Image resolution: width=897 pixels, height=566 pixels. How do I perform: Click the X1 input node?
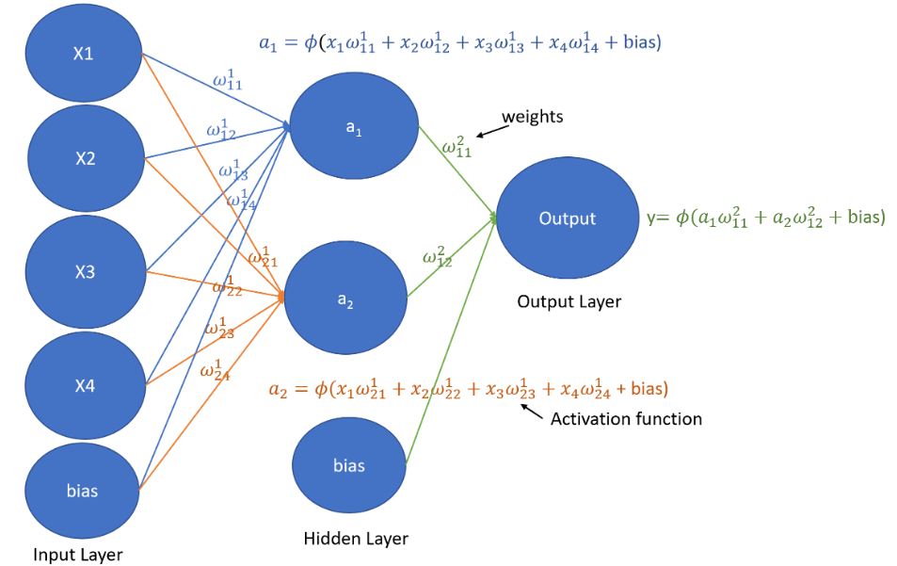pyautogui.click(x=84, y=53)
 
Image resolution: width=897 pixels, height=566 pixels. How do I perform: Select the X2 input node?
pyautogui.click(x=86, y=158)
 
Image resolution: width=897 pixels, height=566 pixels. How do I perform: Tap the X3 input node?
pyautogui.click(x=86, y=272)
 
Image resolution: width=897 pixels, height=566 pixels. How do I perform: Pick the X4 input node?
pyautogui.click(x=86, y=386)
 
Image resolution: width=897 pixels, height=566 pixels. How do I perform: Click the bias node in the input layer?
pyautogui.click(x=83, y=491)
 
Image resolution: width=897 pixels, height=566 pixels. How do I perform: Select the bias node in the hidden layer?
pyautogui.click(x=349, y=465)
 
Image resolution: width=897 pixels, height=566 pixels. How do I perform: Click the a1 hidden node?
pyautogui.click(x=354, y=126)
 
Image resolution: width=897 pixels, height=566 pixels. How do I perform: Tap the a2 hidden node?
pyautogui.click(x=345, y=298)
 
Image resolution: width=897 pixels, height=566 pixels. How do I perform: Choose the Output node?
pyautogui.click(x=568, y=218)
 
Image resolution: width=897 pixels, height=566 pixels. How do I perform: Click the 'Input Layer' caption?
pyautogui.click(x=78, y=555)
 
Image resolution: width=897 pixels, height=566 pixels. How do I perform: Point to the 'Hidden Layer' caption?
pyautogui.click(x=356, y=539)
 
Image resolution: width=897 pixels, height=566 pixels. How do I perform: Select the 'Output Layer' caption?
pyautogui.click(x=569, y=301)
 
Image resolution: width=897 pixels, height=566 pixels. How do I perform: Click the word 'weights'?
pyautogui.click(x=533, y=117)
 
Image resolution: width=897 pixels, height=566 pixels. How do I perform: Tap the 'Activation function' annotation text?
pyautogui.click(x=627, y=419)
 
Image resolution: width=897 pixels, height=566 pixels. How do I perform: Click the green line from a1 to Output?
pyautogui.click(x=457, y=172)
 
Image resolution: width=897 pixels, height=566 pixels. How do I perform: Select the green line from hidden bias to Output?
pyautogui.click(x=451, y=341)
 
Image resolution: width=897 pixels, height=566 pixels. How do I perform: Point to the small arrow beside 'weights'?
pyautogui.click(x=492, y=132)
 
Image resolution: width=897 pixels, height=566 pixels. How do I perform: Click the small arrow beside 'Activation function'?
pyautogui.click(x=532, y=412)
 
